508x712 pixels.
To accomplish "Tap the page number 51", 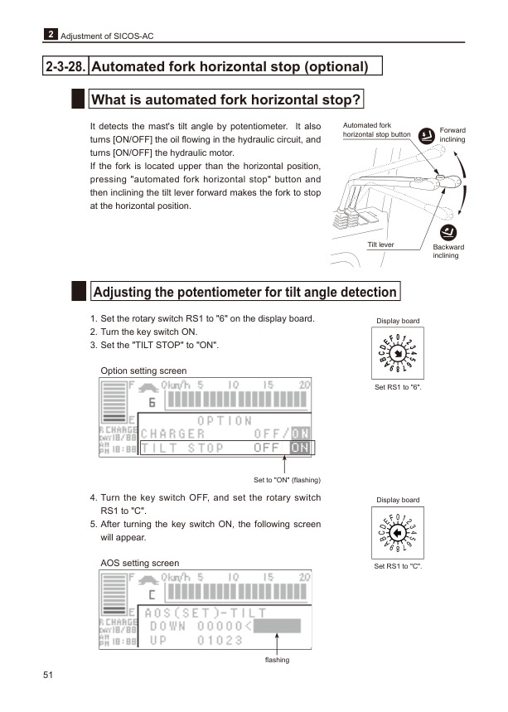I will [48, 676].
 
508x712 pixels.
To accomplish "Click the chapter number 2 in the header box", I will [51, 35].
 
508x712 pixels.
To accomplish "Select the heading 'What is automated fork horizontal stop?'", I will [225, 100].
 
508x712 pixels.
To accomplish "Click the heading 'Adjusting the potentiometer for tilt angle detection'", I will [244, 292].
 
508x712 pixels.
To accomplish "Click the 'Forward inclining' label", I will [452, 135].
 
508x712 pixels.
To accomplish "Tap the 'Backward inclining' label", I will [448, 251].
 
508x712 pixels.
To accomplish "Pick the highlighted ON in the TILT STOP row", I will [300, 448].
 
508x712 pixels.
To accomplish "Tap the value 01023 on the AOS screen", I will [220, 641].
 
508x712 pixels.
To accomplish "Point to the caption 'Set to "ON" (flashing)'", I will [287, 480].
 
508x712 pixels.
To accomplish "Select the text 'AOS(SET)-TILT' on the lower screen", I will [206, 613].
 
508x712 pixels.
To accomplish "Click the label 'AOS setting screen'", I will [138, 563].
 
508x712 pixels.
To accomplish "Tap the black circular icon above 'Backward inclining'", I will [448, 232].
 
